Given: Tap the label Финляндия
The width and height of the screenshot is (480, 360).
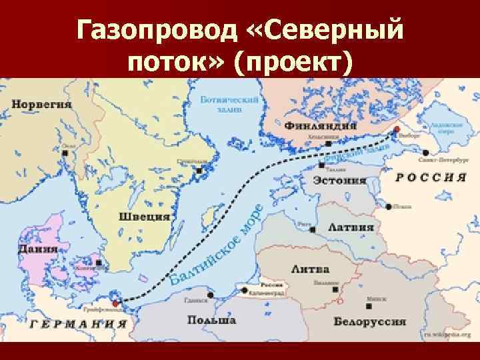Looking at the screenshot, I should pos(320,126).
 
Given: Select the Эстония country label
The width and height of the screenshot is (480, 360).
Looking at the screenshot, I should pos(340,180).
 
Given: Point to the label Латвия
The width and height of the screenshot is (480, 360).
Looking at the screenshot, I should pos(349,227).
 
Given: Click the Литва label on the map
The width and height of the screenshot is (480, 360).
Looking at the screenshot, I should pos(309,269).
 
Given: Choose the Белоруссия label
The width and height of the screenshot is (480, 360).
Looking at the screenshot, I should pos(371,321).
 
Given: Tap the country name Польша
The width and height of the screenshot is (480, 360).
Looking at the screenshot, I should pos(211,321).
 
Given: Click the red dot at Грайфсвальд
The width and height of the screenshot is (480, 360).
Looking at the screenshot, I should pos(115,303).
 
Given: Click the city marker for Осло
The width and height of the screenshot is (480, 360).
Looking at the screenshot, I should pos(65,152).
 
